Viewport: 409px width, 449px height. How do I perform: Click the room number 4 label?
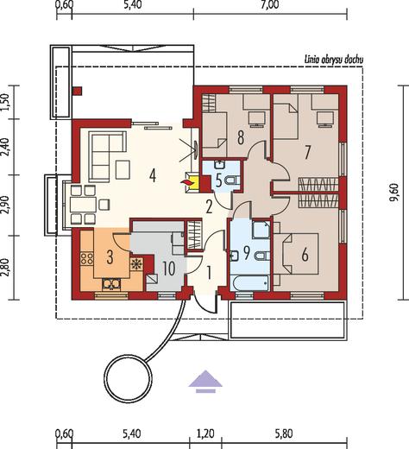pyautogui.click(x=153, y=175)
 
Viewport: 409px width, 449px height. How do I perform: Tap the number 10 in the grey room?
pyautogui.click(x=169, y=269)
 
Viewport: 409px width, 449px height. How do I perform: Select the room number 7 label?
pyautogui.click(x=307, y=152)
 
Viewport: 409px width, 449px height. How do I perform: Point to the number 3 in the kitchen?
pyautogui.click(x=110, y=257)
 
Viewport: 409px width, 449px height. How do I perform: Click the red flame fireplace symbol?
pyautogui.click(x=186, y=183)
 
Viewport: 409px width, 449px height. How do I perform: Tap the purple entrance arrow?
pyautogui.click(x=205, y=382)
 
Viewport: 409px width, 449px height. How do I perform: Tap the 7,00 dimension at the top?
pyautogui.click(x=269, y=5)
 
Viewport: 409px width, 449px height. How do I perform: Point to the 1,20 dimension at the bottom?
pyautogui.click(x=206, y=433)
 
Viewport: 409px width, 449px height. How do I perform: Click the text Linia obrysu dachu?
pyautogui.click(x=334, y=60)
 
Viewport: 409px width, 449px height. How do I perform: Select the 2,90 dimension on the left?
pyautogui.click(x=6, y=206)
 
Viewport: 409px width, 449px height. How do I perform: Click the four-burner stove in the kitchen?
pyautogui.click(x=86, y=258)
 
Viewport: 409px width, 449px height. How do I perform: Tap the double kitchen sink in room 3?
pyautogui.click(x=112, y=284)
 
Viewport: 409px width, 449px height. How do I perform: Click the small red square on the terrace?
pyautogui.click(x=78, y=91)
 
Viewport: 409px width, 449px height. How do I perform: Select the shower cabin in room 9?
pyautogui.click(x=261, y=230)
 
